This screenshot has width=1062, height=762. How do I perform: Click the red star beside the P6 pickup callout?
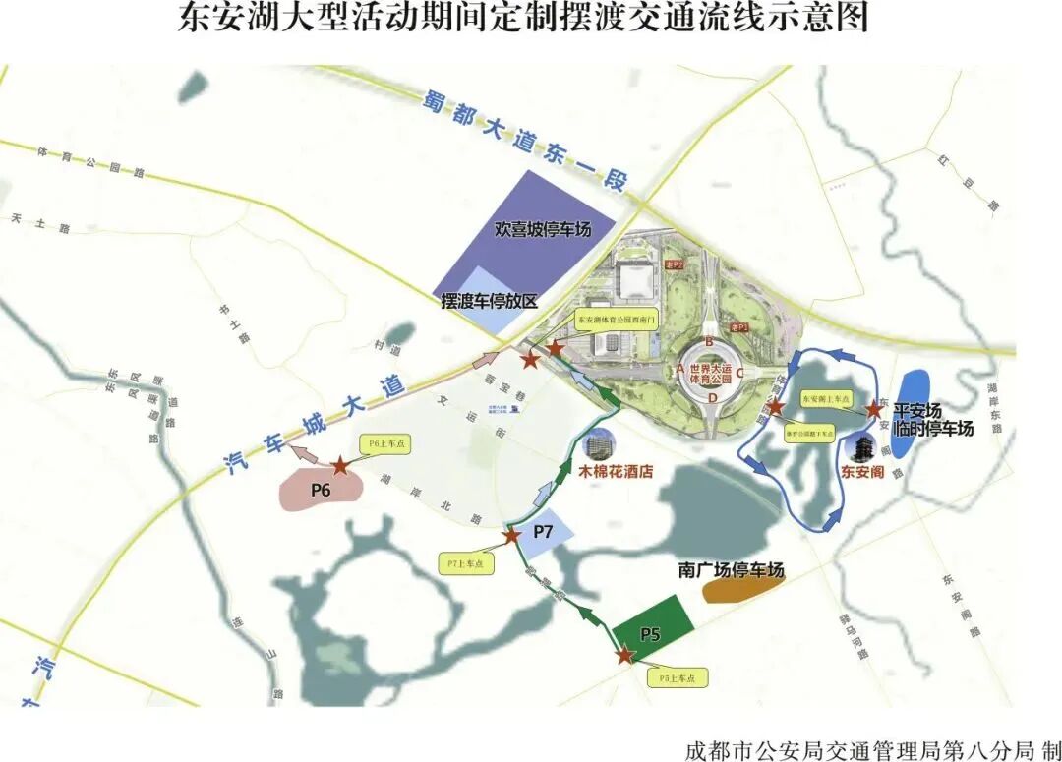coord(339,465)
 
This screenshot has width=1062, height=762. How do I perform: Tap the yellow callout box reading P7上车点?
coord(464,563)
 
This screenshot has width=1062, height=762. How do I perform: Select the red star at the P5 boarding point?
coord(624,655)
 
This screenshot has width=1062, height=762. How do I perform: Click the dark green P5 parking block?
coord(651,619)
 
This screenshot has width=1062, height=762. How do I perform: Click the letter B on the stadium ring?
coord(708,342)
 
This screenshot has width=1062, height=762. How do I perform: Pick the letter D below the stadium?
coord(712,398)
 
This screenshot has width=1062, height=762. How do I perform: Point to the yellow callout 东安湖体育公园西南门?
coord(616,320)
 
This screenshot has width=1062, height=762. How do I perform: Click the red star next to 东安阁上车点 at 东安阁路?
coord(872,409)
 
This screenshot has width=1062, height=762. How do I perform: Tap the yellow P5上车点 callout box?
coord(678,678)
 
